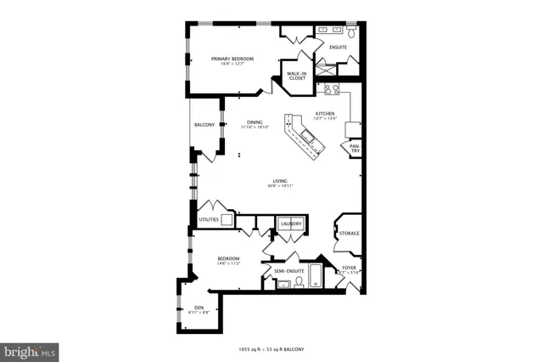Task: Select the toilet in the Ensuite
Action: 350,34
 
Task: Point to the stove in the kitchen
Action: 331,88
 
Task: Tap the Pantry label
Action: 355,149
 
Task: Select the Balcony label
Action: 204,125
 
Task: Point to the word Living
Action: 279,180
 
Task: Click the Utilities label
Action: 208,219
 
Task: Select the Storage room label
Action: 349,233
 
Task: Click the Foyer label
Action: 349,268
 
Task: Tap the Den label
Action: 199,307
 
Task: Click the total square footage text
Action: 271,349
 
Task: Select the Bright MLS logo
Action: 30,351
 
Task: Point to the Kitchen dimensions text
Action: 325,119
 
